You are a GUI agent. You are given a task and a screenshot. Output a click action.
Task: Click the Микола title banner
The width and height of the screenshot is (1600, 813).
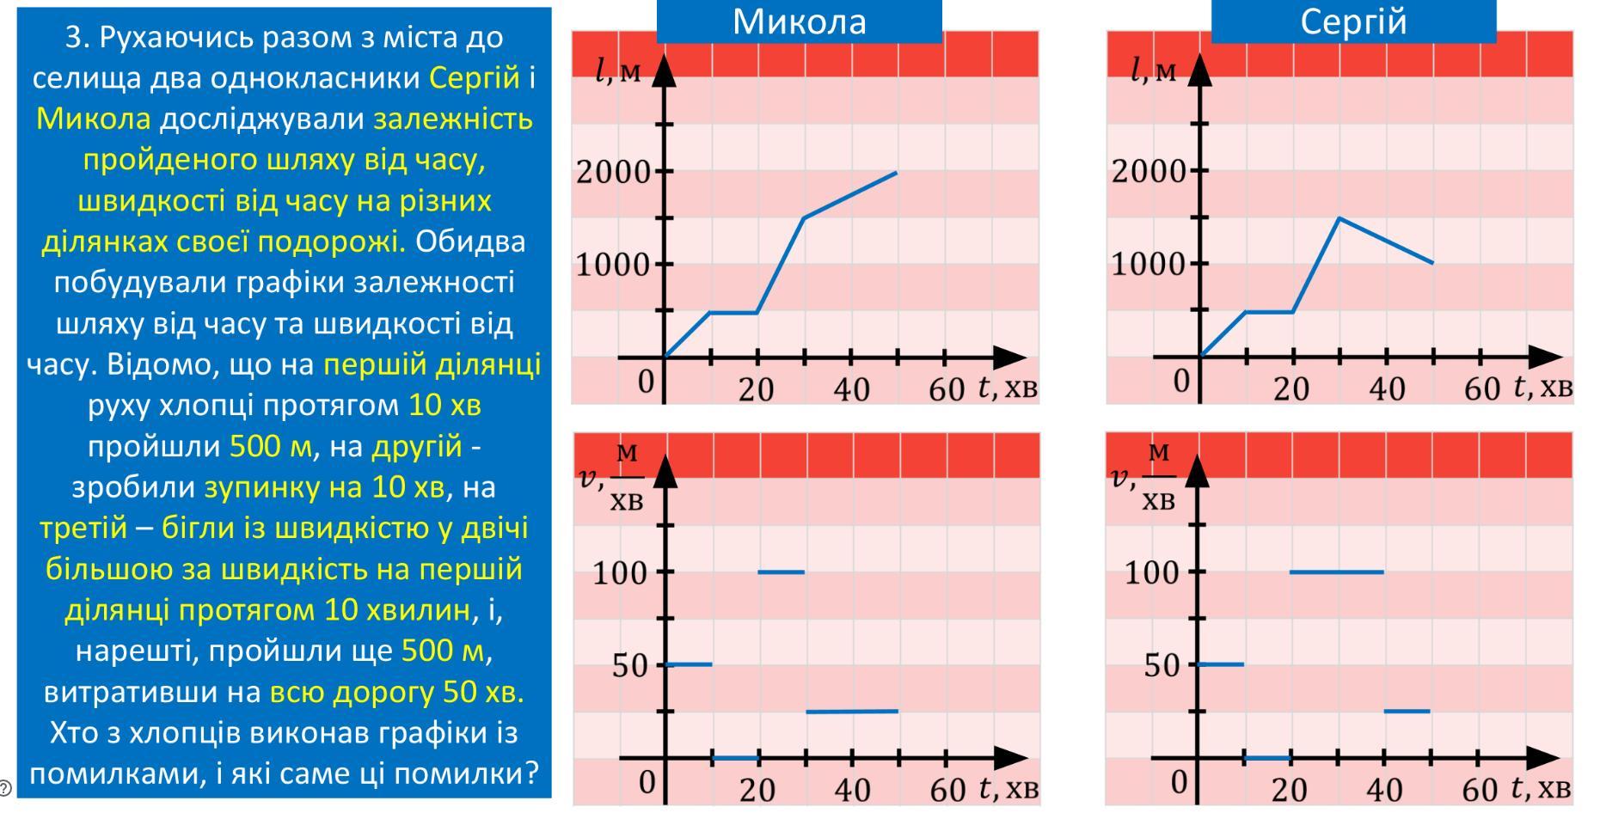[799, 21]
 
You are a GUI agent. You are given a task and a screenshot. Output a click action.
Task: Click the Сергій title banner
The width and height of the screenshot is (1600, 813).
[1353, 21]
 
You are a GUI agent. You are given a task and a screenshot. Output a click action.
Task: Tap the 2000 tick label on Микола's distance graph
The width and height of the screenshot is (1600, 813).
[613, 172]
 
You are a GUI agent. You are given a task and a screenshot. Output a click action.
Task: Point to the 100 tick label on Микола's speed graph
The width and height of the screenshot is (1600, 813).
[619, 572]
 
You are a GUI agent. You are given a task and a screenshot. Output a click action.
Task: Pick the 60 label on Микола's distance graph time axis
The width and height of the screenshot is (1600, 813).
[947, 390]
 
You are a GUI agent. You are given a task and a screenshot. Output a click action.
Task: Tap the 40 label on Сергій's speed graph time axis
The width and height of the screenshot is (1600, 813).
[1385, 789]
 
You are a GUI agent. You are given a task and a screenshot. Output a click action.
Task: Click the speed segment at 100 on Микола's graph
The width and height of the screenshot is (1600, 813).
[781, 572]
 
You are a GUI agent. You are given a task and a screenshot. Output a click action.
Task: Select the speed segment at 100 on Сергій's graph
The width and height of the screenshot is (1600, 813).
[1336, 572]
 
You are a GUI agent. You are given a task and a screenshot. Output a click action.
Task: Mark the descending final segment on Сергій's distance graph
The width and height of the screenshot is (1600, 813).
[1386, 241]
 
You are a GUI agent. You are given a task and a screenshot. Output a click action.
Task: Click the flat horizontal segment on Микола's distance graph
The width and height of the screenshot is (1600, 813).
[733, 312]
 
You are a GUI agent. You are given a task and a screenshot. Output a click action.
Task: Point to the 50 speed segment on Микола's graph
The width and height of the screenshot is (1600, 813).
[689, 663]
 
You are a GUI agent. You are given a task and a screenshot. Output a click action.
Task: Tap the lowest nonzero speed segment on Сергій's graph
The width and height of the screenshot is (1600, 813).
[1407, 711]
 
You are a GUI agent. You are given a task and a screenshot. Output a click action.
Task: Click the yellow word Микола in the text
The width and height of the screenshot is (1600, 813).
[93, 119]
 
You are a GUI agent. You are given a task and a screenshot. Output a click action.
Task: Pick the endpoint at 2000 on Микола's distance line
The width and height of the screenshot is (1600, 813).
[897, 173]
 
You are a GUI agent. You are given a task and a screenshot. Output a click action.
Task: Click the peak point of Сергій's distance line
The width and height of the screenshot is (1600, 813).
[1339, 218]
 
